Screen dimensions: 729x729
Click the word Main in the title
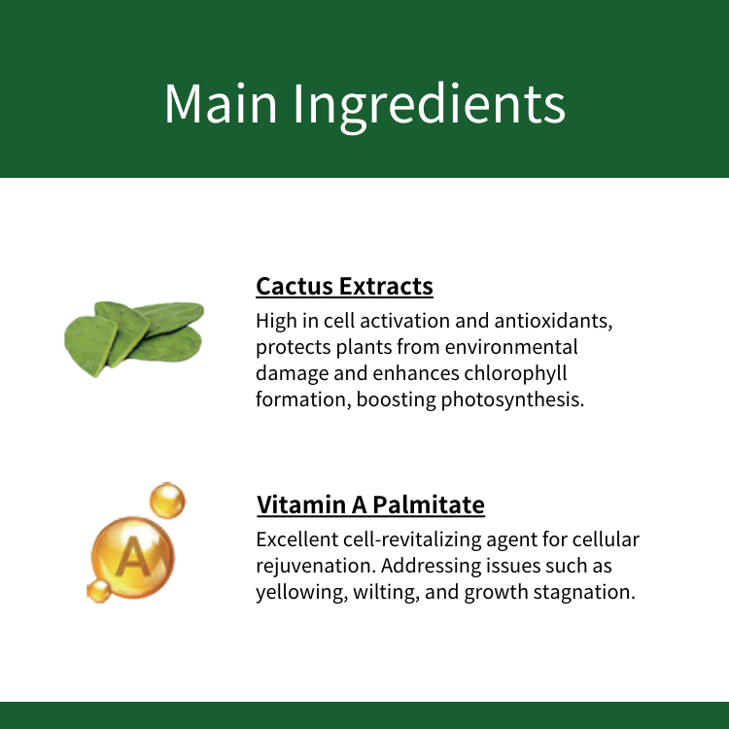(x=221, y=103)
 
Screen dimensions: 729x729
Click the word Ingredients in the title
(x=430, y=108)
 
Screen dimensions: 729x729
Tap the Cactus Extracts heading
(x=344, y=286)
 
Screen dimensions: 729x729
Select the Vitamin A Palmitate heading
(x=370, y=504)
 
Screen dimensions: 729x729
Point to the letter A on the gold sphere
(x=133, y=557)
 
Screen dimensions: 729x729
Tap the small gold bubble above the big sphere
(x=167, y=501)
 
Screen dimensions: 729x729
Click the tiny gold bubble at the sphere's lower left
(x=99, y=591)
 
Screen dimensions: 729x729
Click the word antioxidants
(x=553, y=321)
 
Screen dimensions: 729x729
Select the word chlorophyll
(x=515, y=374)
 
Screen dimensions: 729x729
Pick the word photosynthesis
(x=512, y=399)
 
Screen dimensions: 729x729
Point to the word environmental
(x=511, y=347)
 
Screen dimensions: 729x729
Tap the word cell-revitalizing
(x=412, y=540)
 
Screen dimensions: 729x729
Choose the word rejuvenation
(x=316, y=567)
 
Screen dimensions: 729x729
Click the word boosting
(x=397, y=399)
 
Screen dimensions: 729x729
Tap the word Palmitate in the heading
(x=429, y=504)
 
